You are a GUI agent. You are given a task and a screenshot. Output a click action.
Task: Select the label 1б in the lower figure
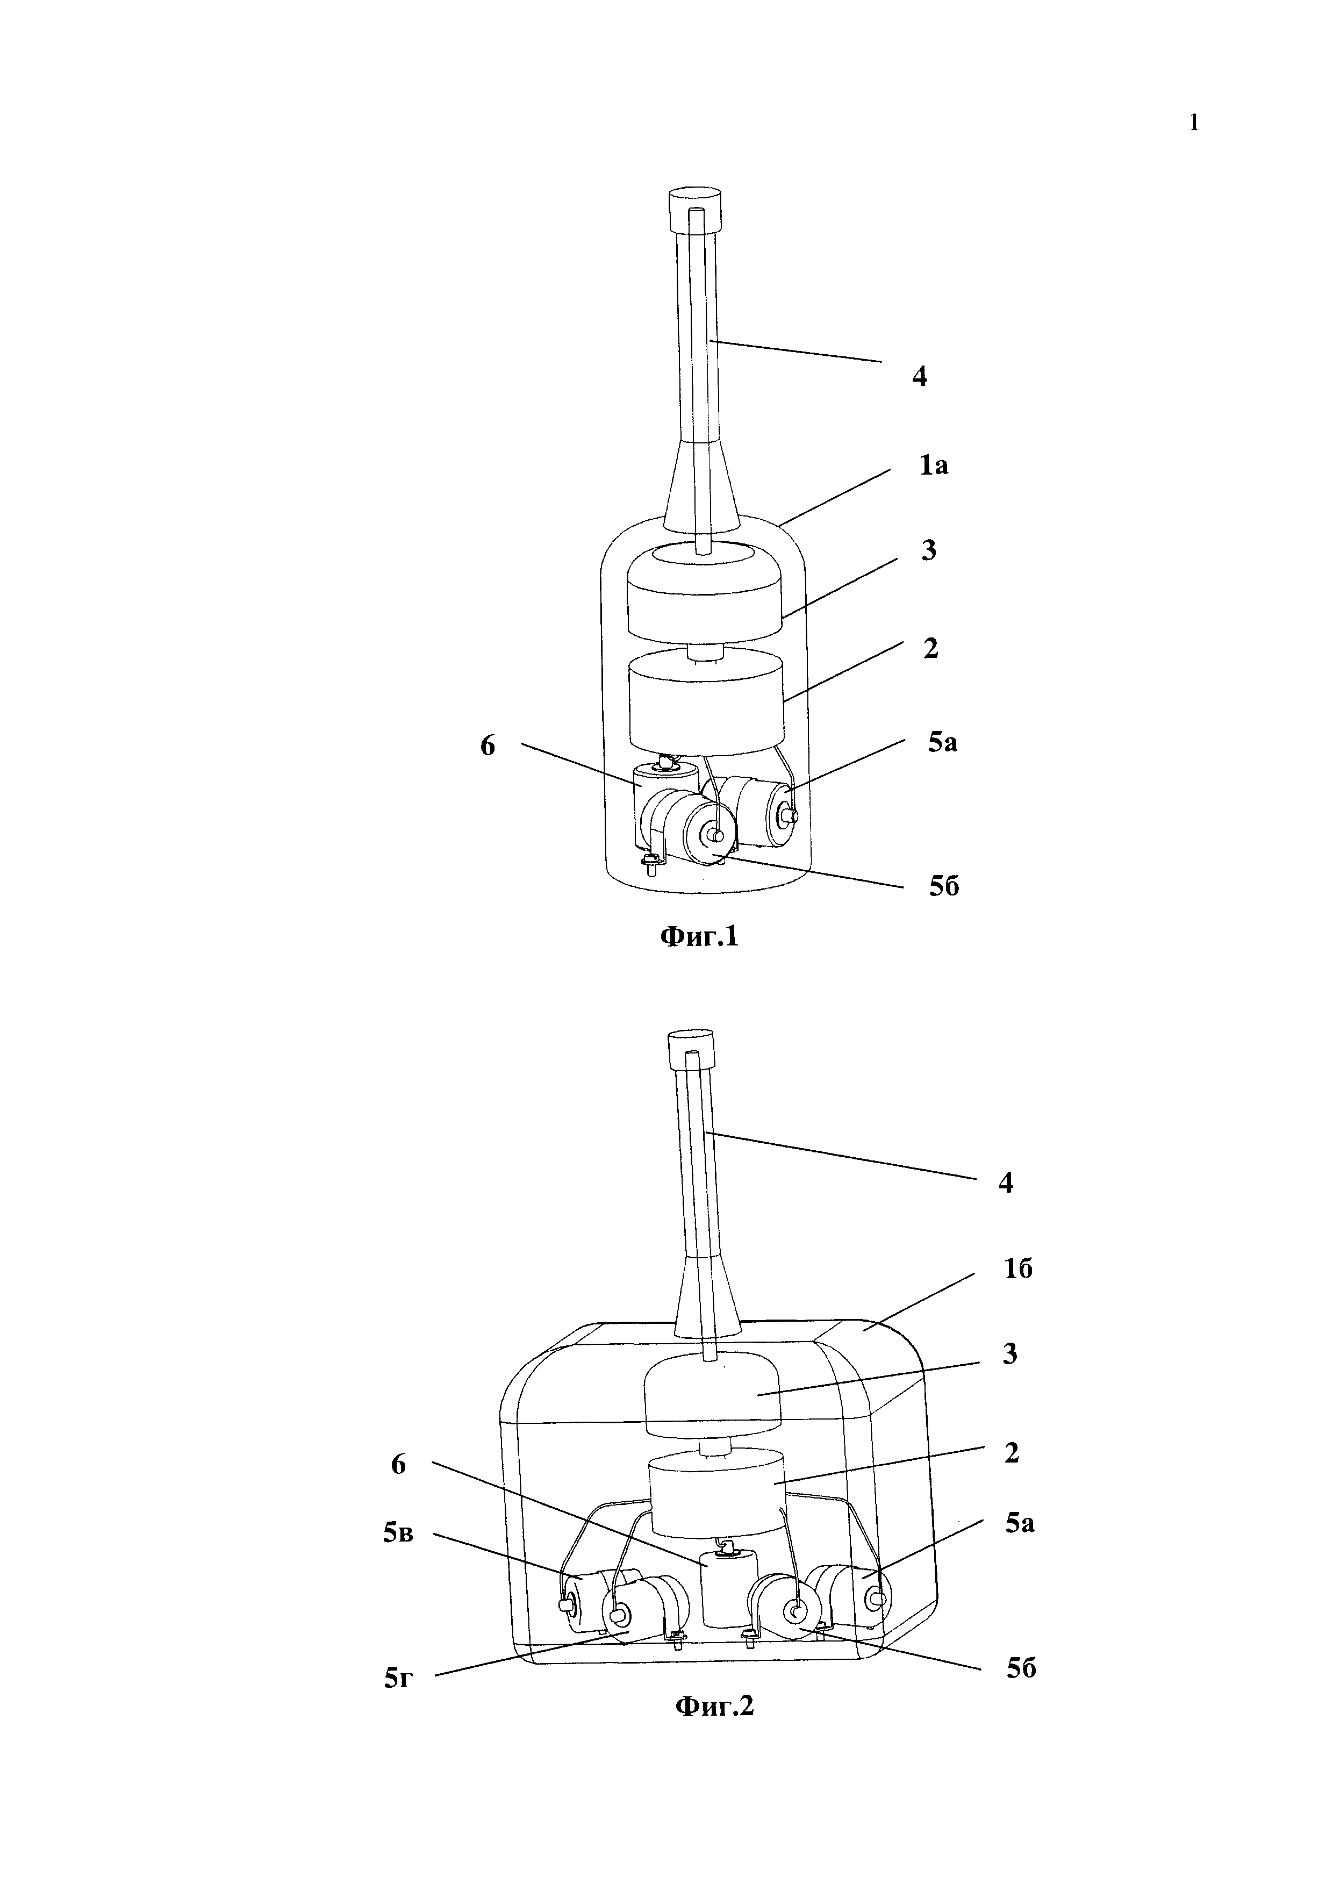[1018, 1269]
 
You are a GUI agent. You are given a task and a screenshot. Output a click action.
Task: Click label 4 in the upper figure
[919, 377]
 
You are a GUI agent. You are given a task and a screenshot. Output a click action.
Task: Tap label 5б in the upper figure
[944, 887]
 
